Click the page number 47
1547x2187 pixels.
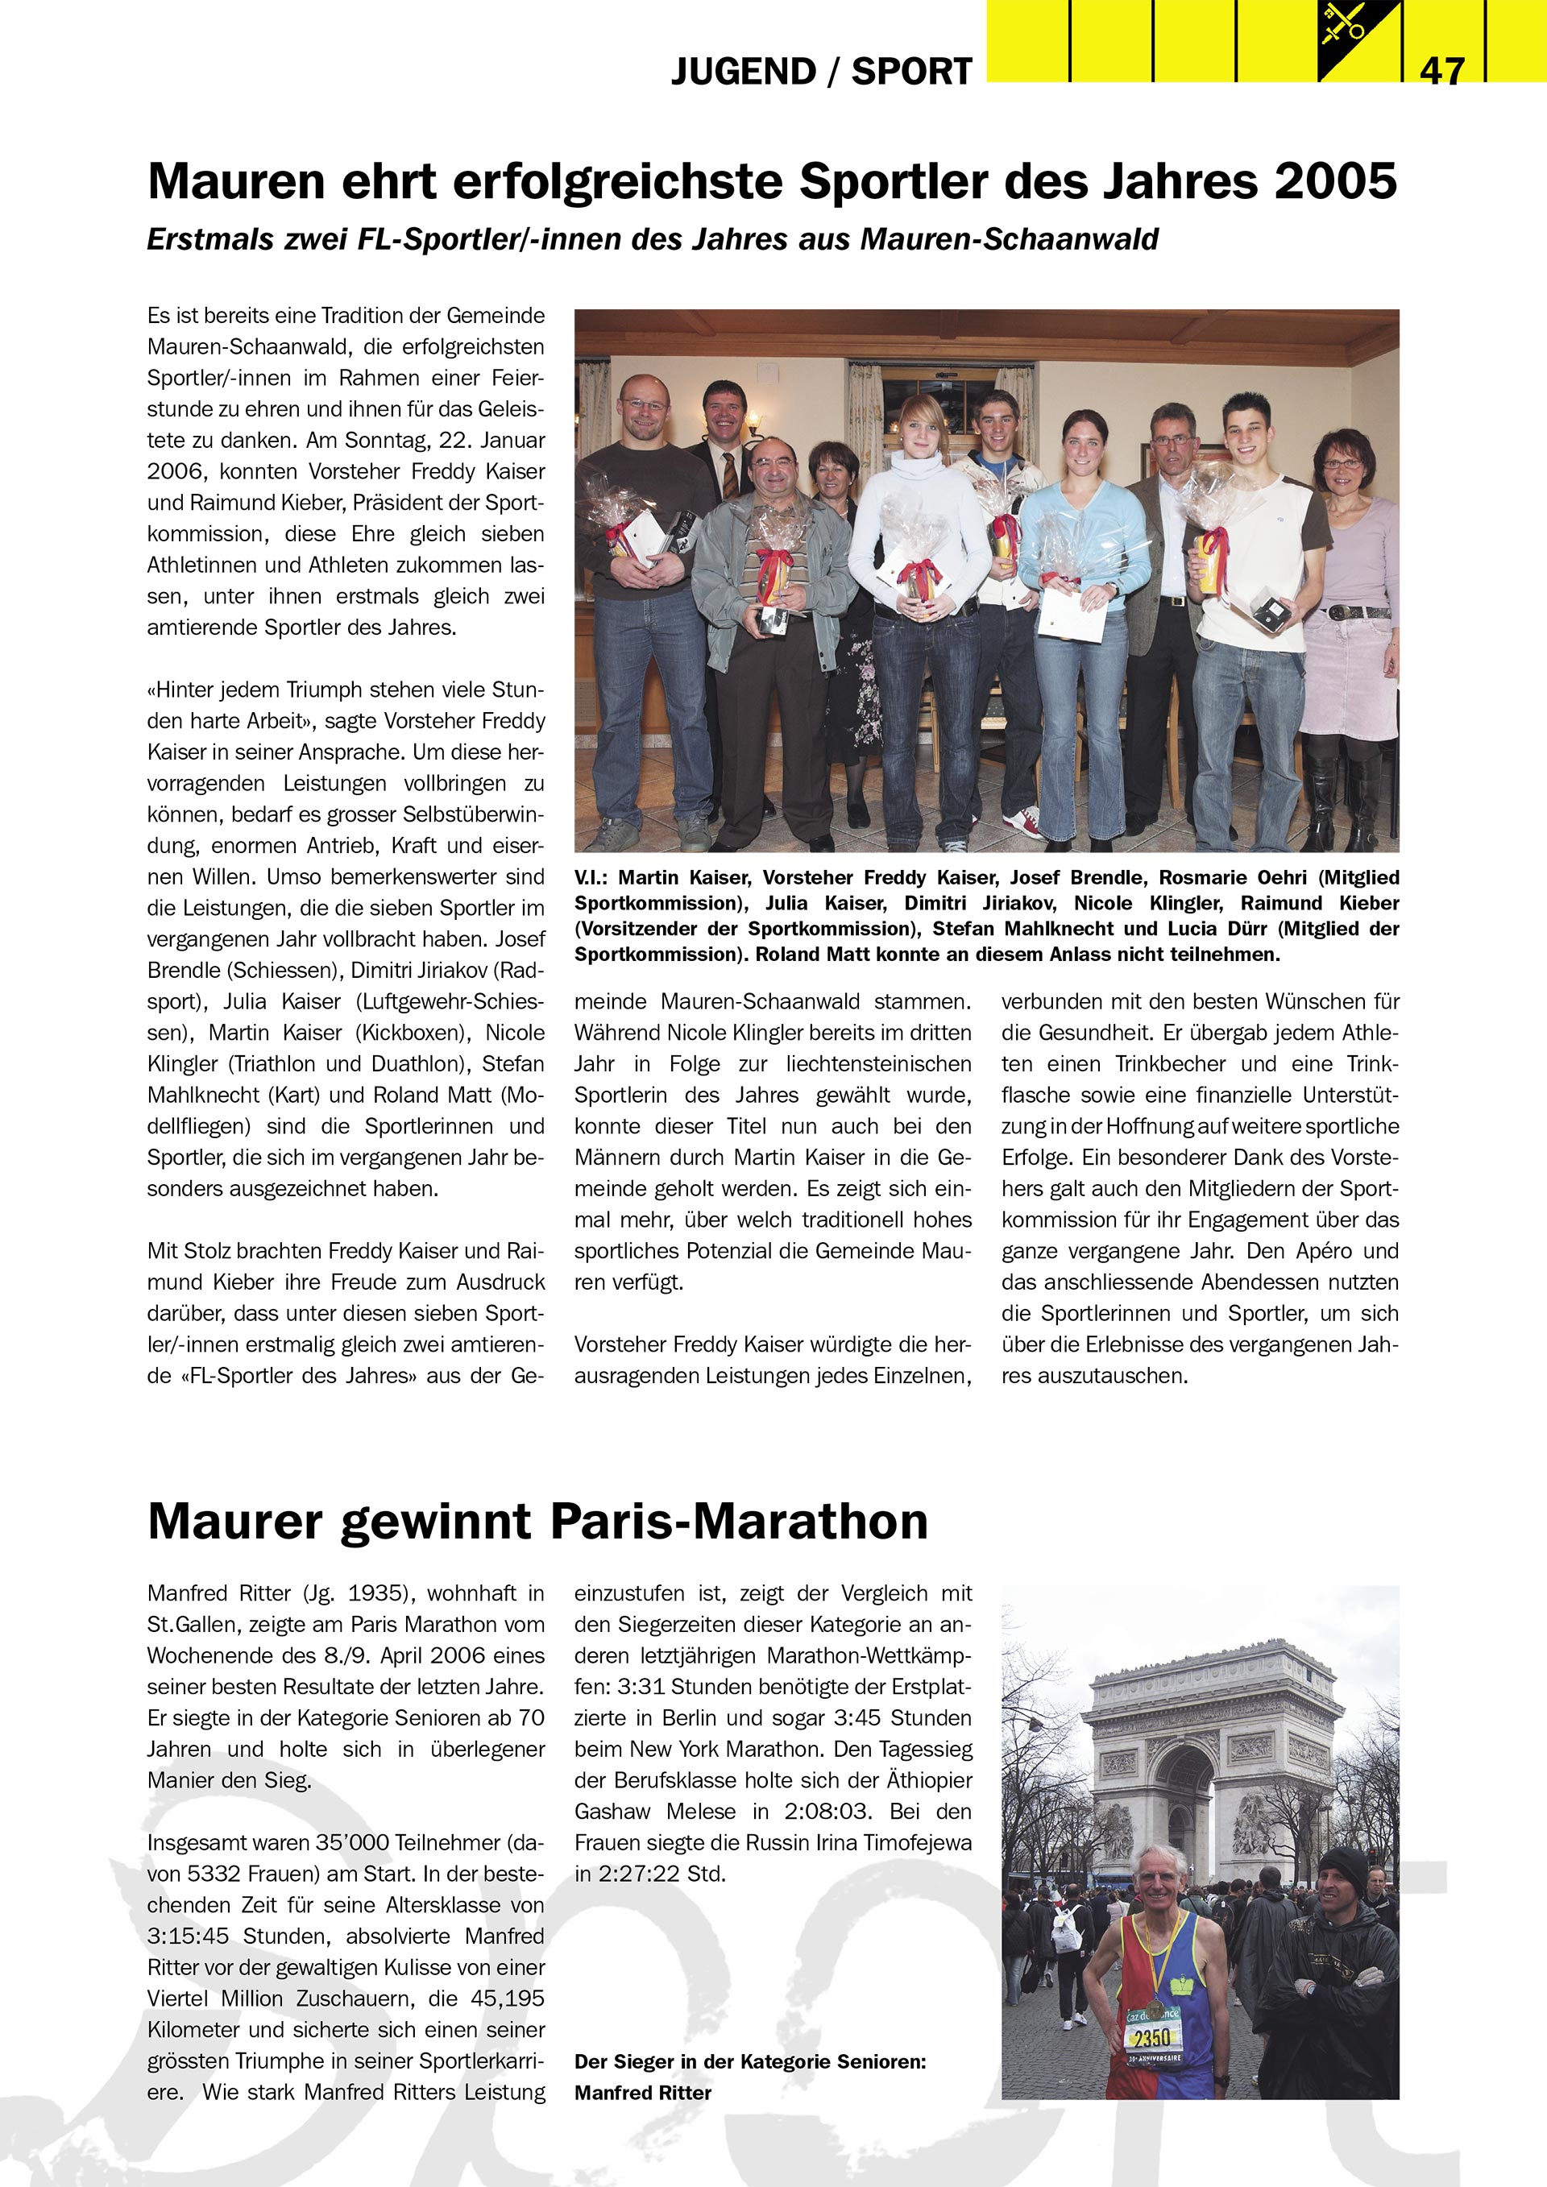(x=1441, y=69)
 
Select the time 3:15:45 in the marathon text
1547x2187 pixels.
(x=193, y=1936)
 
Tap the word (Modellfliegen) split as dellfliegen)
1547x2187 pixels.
(x=198, y=1126)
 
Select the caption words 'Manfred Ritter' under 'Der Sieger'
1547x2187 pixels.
(x=643, y=2093)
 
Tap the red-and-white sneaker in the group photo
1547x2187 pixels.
(x=1025, y=818)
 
